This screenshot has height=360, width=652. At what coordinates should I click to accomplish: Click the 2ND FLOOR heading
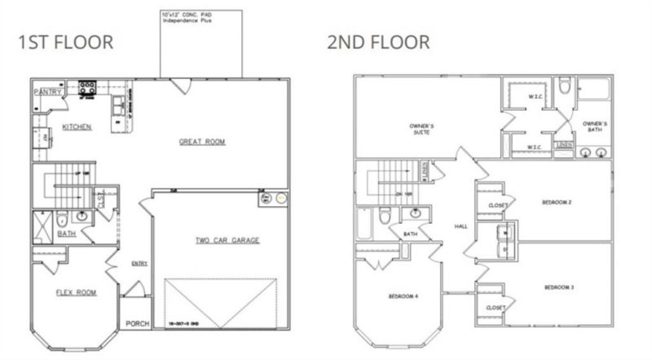tap(378, 42)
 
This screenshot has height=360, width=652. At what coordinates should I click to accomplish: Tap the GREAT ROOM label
tap(202, 142)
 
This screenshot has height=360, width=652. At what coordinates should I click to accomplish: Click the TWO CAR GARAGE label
tap(227, 240)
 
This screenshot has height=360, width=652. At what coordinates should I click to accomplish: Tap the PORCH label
tap(137, 323)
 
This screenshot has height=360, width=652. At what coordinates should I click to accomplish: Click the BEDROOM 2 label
tap(558, 201)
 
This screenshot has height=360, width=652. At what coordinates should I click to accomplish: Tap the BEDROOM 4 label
tap(403, 296)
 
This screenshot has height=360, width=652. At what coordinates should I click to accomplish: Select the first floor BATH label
tap(66, 234)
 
